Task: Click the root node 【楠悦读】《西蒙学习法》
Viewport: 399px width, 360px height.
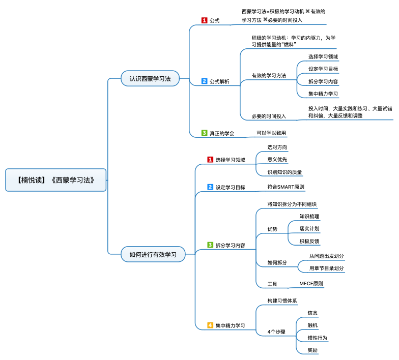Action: click(56, 180)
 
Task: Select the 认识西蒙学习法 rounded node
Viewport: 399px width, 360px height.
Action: click(150, 78)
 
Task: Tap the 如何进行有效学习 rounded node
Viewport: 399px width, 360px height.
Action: click(153, 254)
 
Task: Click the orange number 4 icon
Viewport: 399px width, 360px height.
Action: click(210, 325)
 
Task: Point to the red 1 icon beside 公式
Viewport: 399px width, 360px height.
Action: click(205, 20)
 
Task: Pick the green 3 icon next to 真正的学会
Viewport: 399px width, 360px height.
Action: click(205, 133)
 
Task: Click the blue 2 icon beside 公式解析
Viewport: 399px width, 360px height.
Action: click(205, 81)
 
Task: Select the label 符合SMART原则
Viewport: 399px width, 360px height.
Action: click(286, 187)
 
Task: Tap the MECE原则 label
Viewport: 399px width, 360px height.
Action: click(311, 284)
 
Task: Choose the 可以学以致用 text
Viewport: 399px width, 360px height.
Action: click(271, 133)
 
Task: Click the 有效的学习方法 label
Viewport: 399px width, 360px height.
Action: click(269, 75)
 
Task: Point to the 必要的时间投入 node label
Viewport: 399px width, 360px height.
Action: click(269, 116)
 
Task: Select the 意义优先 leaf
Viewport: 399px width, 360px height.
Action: click(277, 160)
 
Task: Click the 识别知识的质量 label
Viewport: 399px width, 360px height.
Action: click(284, 172)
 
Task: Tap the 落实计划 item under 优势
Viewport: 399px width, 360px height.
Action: click(309, 229)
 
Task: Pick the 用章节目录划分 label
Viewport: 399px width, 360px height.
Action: click(327, 268)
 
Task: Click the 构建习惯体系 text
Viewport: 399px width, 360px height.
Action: click(282, 301)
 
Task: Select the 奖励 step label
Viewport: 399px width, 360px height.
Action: click(312, 350)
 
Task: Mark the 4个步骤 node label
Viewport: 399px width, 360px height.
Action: click(276, 332)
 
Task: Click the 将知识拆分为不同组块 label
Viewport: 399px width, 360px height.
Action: click(292, 204)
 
